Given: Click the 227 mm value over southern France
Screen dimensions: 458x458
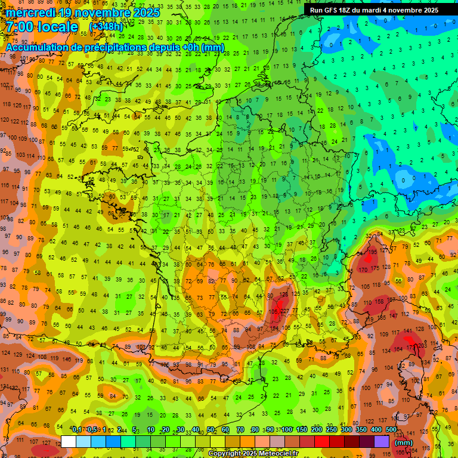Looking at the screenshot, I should [x=286, y=310].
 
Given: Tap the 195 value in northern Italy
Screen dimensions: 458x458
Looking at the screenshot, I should [x=373, y=252].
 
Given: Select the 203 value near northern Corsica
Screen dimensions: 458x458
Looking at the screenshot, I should [x=423, y=345].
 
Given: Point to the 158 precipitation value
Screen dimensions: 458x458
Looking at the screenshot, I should [x=378, y=302].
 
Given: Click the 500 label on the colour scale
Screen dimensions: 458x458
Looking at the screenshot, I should [x=391, y=430].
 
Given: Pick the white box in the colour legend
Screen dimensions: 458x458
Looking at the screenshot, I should [x=69, y=441].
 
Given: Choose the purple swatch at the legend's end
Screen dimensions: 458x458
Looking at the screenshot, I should [x=382, y=441].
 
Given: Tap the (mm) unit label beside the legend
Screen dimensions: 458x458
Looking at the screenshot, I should [x=404, y=442].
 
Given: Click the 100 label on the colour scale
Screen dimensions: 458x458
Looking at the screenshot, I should [x=287, y=430].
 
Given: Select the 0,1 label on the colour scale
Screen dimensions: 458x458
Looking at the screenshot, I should [x=77, y=430].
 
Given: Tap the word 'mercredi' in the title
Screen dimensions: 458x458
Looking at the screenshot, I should [x=30, y=13].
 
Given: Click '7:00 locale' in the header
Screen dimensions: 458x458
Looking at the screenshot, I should [x=42, y=27].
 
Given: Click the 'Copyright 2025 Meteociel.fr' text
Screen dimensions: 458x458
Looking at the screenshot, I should [x=253, y=454].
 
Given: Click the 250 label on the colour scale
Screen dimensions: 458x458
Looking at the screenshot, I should [x=332, y=430].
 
